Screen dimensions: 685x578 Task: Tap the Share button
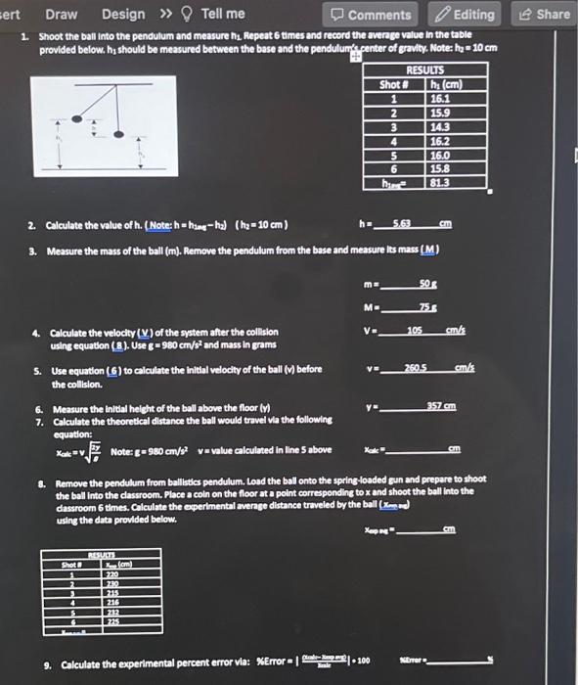tap(545, 14)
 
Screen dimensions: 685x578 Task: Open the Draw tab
tap(62, 14)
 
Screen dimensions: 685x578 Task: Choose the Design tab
tap(122, 14)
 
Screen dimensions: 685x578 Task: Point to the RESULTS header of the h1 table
tap(424, 71)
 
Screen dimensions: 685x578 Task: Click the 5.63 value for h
tap(402, 224)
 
